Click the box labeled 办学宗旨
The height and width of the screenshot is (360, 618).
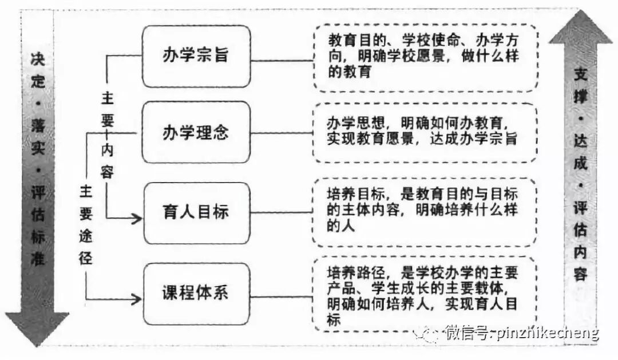point(196,56)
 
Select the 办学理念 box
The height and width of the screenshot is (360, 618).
point(196,132)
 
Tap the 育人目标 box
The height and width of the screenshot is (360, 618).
point(196,212)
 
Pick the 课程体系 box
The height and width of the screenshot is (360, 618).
point(196,293)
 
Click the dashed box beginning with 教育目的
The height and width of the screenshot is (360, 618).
point(425,57)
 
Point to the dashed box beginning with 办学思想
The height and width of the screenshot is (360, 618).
point(425,132)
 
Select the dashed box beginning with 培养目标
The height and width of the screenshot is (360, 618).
point(425,212)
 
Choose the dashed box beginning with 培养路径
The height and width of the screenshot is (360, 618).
point(425,293)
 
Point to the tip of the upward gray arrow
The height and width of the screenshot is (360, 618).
point(580,13)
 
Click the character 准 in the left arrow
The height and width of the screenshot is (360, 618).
point(37,260)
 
